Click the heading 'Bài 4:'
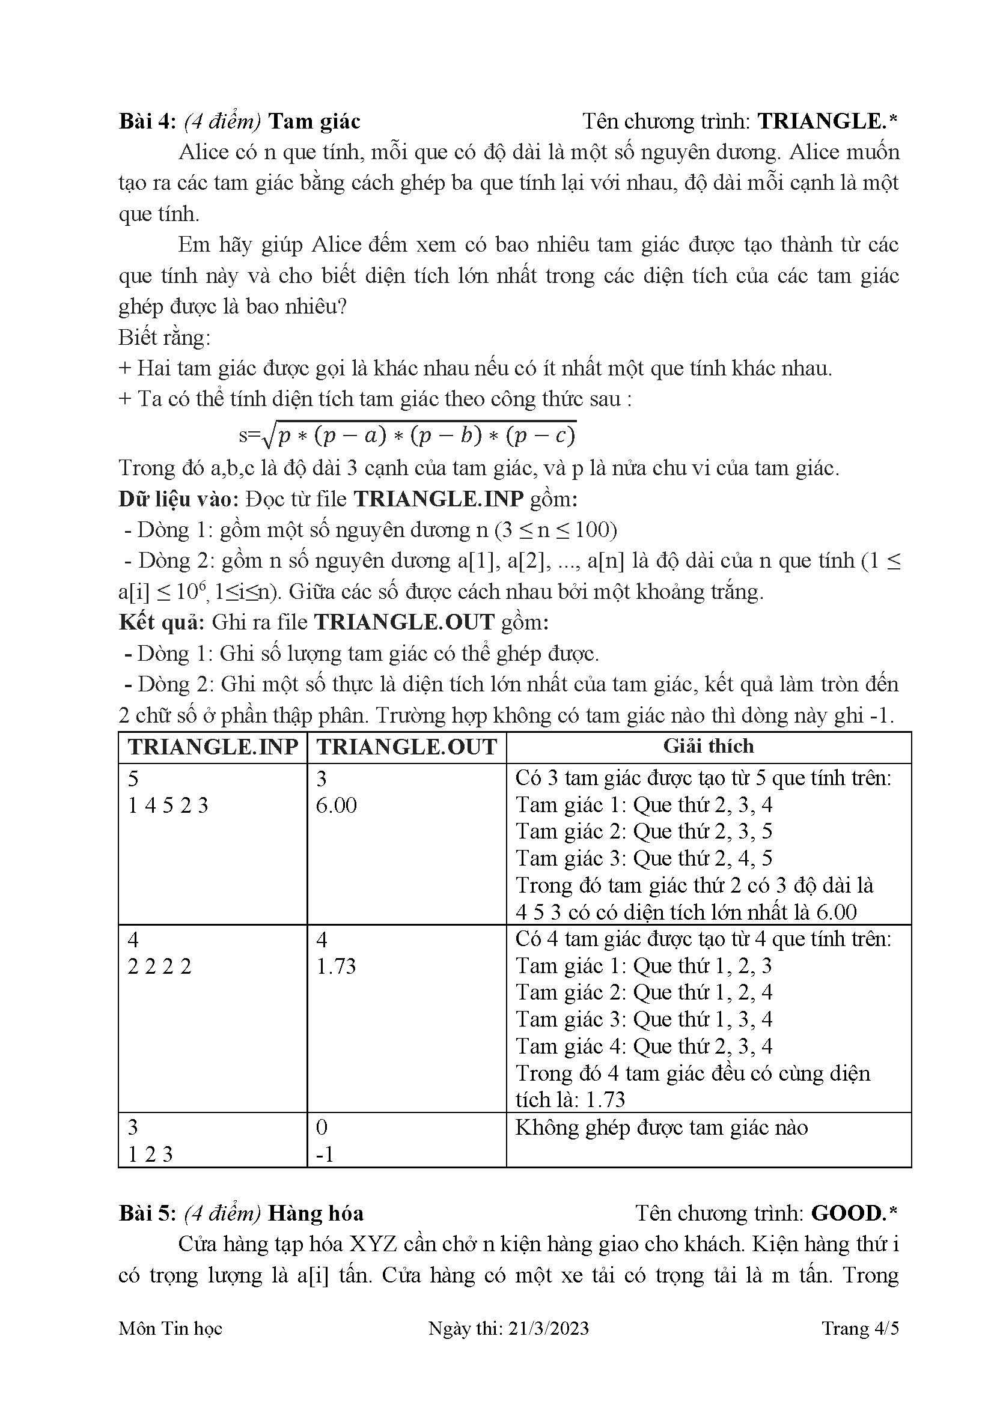(x=147, y=121)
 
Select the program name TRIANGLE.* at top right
(x=827, y=121)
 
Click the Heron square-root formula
(x=408, y=435)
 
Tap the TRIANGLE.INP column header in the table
(x=212, y=747)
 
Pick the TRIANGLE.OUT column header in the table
(x=406, y=747)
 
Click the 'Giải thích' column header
(x=708, y=746)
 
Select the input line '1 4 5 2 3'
(x=168, y=806)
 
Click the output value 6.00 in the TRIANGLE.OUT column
(x=336, y=806)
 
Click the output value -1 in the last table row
(x=325, y=1154)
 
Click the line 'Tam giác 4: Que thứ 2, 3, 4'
(x=643, y=1046)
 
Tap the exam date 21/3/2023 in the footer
(x=548, y=1329)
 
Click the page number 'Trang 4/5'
(x=860, y=1329)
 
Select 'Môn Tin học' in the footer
(x=170, y=1329)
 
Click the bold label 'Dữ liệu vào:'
(x=178, y=499)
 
